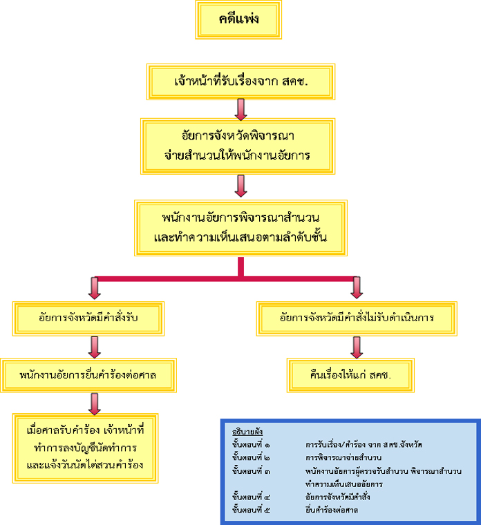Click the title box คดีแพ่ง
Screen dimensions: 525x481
[x=238, y=19]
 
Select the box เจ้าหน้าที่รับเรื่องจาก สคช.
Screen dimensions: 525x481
[x=240, y=82]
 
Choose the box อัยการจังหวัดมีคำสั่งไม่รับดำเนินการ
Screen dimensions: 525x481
[x=357, y=318]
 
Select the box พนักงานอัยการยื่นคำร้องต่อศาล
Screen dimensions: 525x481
[x=87, y=376]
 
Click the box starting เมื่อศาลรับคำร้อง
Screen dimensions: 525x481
[x=85, y=448]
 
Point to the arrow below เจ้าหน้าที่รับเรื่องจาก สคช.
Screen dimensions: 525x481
[x=240, y=109]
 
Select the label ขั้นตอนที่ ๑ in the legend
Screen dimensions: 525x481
[x=252, y=443]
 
